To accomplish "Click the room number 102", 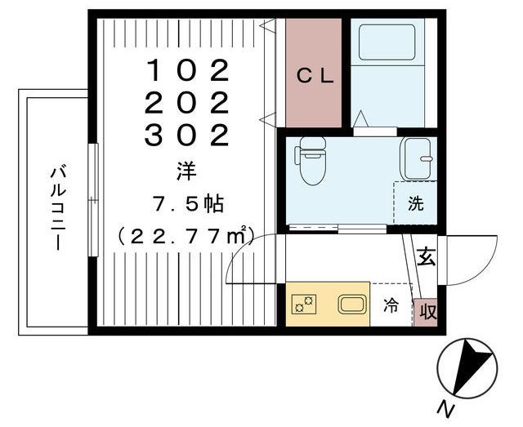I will click(186, 72).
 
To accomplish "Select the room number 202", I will click(186, 104).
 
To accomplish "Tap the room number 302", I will click(186, 136).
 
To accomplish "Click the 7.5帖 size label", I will click(187, 202).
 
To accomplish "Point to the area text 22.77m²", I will click(187, 236).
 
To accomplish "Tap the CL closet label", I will click(314, 77).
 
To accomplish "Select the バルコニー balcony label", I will click(58, 208).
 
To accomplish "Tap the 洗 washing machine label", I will click(416, 204).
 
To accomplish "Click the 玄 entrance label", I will click(426, 257).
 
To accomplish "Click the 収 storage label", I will click(426, 311).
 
